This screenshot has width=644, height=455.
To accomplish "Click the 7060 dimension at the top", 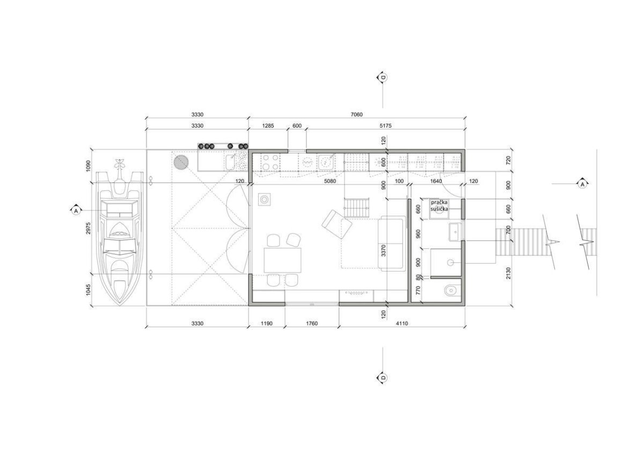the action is [356, 114].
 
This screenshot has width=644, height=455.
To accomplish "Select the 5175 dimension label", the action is [385, 126].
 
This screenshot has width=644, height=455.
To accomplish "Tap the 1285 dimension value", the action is [268, 126].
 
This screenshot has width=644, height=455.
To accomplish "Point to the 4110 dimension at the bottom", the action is [402, 324].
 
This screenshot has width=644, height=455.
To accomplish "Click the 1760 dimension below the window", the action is [312, 324].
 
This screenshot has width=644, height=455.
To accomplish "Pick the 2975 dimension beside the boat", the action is [88, 228].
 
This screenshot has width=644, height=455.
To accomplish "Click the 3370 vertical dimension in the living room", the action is [383, 251].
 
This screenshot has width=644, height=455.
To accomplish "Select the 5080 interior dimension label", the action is [330, 181].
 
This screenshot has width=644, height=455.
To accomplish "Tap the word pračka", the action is [439, 202].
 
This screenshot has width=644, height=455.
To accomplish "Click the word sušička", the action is [439, 209].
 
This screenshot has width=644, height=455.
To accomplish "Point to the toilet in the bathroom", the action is [452, 291].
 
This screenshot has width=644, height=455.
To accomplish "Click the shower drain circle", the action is [450, 262].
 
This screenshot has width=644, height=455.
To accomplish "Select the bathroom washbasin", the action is [455, 232].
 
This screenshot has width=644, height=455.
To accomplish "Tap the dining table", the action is [282, 260].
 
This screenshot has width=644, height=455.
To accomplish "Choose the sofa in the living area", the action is [392, 244].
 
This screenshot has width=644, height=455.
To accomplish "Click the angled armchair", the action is [336, 224].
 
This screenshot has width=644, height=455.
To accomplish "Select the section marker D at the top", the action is [383, 77].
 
